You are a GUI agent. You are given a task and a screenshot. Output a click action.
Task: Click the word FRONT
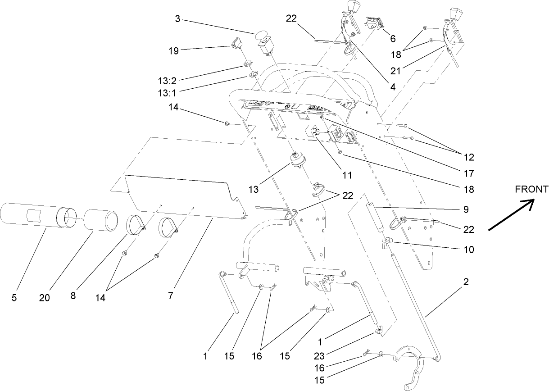point(532,190)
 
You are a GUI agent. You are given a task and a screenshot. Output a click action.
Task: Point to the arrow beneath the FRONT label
point(511,216)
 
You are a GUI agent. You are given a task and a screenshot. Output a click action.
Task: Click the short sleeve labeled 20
point(101,220)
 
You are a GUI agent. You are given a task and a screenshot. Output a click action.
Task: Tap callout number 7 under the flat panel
point(170,296)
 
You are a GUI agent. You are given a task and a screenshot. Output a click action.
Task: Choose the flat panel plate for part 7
point(180,196)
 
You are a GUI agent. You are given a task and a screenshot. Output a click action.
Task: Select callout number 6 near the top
point(393,39)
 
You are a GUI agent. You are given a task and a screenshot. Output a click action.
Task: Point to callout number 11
point(347,174)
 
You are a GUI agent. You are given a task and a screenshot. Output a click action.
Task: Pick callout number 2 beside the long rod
point(466,282)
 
